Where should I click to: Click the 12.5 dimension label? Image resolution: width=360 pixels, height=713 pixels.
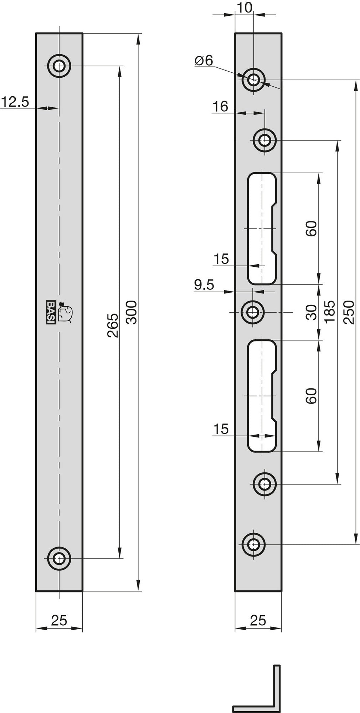[x=15, y=102]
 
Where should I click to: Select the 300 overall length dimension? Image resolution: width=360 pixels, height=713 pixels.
[x=132, y=312]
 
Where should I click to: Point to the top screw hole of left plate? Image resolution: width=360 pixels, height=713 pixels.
[x=59, y=66]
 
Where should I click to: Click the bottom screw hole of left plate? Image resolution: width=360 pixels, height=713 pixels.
[x=59, y=558]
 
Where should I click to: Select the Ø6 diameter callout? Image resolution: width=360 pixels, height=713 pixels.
[x=204, y=61]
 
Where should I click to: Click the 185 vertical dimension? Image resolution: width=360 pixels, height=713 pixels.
[x=330, y=312]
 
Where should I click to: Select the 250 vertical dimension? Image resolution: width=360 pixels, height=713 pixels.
[x=350, y=312]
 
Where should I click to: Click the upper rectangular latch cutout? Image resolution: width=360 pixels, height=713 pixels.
[x=262, y=228]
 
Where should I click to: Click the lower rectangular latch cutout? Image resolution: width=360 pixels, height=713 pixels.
[x=262, y=396]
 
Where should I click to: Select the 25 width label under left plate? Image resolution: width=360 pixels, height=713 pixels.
[x=59, y=620]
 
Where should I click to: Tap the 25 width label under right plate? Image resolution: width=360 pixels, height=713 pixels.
[x=258, y=620]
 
